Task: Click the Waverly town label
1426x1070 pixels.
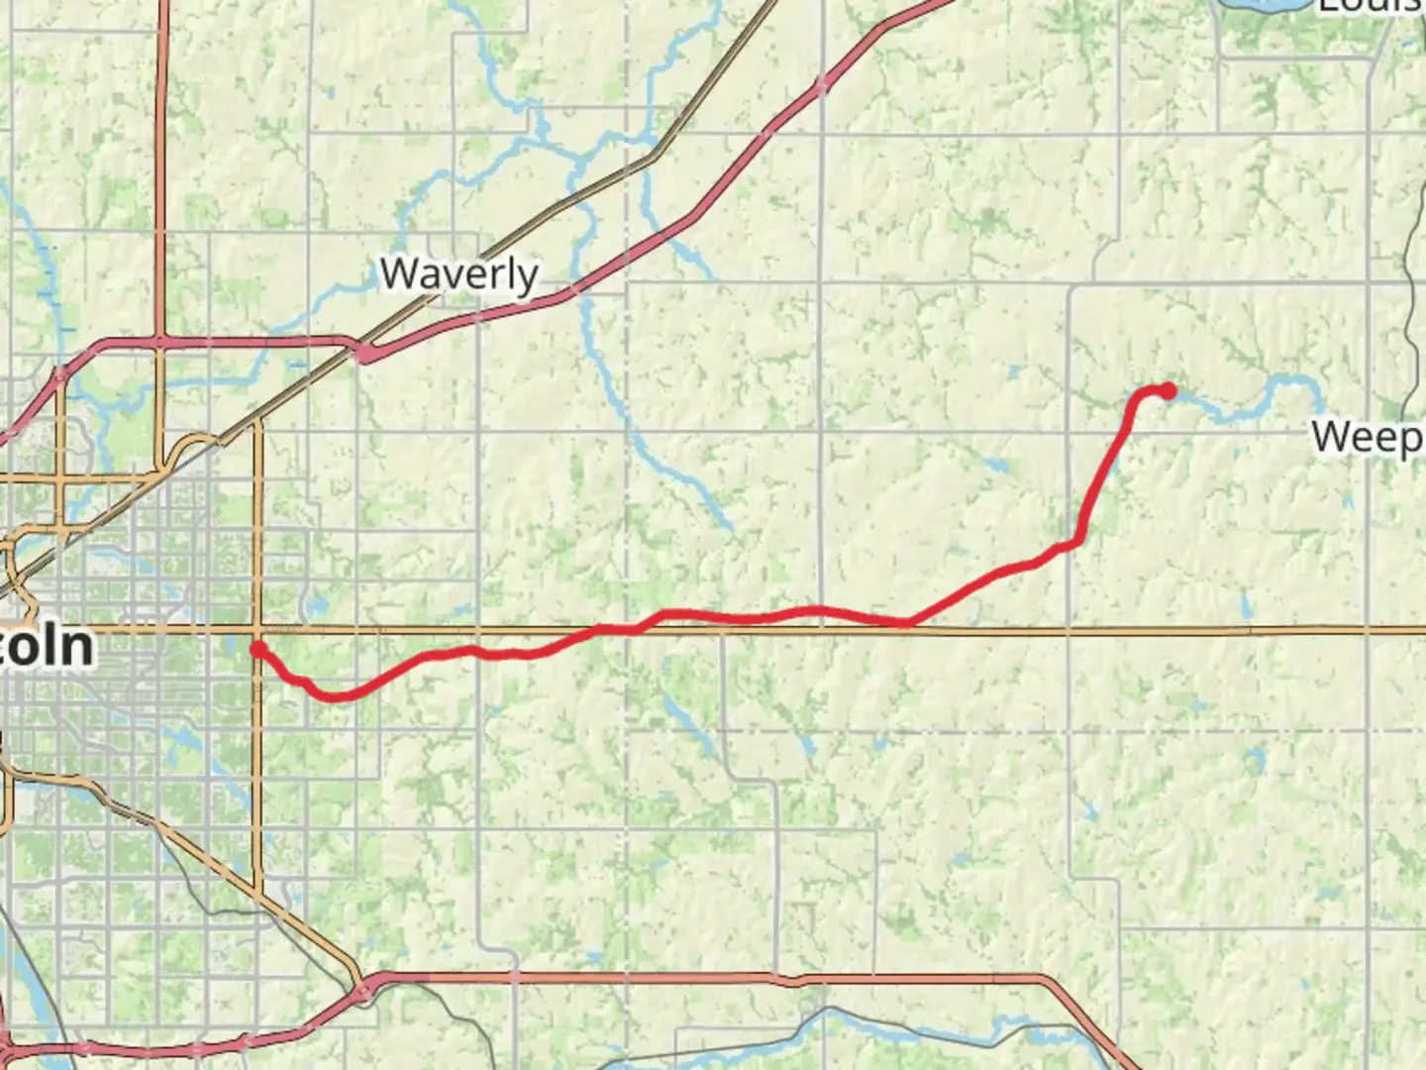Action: pos(459,274)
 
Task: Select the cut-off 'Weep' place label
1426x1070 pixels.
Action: pos(1368,437)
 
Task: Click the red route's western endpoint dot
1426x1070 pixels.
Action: pos(257,650)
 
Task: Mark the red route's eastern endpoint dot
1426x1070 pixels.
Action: pos(1169,391)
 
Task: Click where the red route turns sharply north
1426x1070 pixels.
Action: pos(1077,540)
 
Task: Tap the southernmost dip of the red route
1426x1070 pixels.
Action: pos(335,696)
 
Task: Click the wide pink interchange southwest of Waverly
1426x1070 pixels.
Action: pos(365,353)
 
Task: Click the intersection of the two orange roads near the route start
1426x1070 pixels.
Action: pos(258,630)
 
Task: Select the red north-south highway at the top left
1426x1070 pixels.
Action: pos(159,168)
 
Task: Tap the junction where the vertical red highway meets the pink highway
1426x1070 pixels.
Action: pos(159,343)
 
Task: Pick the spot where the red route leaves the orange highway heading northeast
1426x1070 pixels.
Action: pos(909,622)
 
